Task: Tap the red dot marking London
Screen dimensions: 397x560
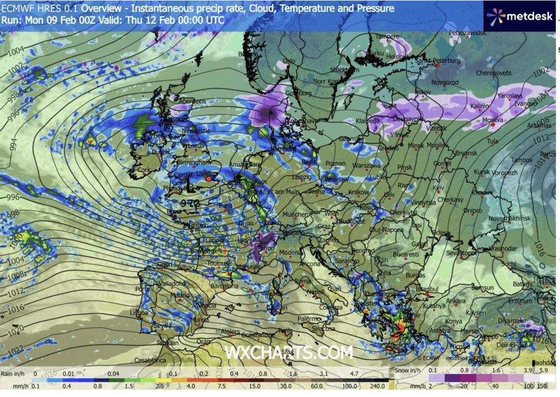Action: (209, 179)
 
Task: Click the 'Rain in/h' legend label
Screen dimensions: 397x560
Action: (14, 372)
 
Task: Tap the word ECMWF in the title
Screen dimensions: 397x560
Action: (17, 9)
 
